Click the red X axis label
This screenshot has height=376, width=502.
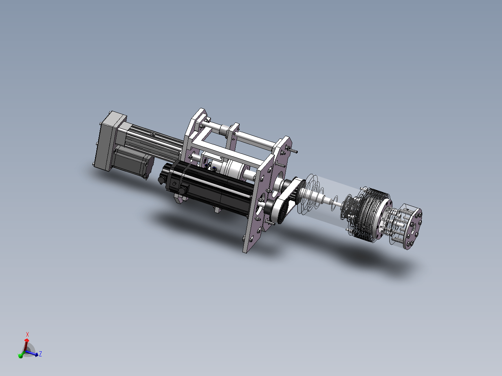coord(27,335)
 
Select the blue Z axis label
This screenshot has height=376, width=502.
coord(40,354)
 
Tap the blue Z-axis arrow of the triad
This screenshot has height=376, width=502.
coord(32,353)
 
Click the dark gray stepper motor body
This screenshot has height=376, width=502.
coord(133,161)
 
